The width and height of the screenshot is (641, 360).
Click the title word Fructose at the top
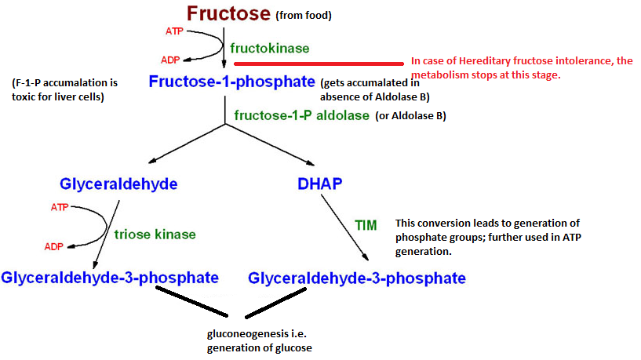point(228,13)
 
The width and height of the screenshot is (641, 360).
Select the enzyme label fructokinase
point(269,48)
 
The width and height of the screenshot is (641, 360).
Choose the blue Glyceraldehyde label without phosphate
point(118,184)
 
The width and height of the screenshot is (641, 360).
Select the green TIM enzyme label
point(366,224)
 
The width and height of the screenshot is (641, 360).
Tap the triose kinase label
point(155,235)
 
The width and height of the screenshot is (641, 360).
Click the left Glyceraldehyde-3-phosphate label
point(109,278)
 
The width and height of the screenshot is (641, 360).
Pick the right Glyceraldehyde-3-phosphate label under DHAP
point(356,278)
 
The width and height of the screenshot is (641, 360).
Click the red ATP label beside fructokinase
point(174,31)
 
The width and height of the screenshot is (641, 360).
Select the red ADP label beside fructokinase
point(170,60)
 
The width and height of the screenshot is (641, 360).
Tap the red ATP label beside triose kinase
point(59,208)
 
